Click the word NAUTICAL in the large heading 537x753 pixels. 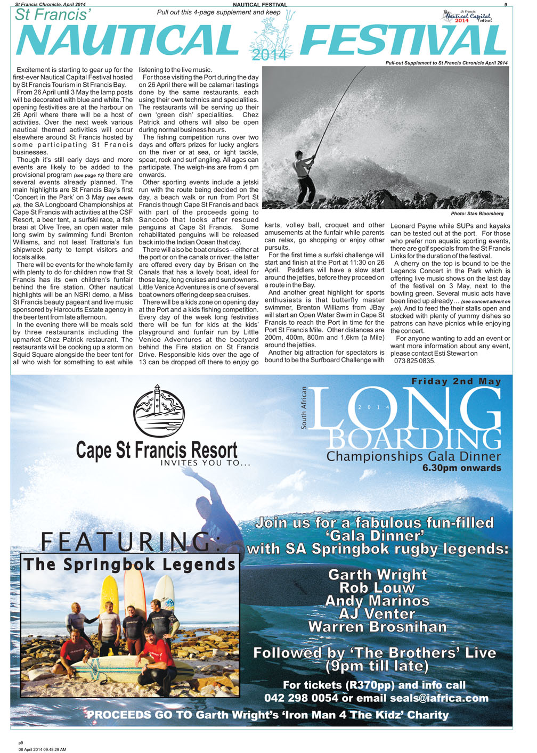coord(127,40)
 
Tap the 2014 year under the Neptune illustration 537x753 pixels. coord(269,54)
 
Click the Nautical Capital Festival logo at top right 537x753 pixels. coord(467,17)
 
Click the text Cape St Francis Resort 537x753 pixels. coord(157,450)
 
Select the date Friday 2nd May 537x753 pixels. coord(456,381)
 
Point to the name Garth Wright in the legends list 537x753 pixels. coord(377,575)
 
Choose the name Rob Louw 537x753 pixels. coord(377,587)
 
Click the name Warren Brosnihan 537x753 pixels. coord(377,627)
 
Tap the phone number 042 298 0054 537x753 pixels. coord(301,698)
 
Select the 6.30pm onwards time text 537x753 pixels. coord(461,468)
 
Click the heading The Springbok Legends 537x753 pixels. coord(129,564)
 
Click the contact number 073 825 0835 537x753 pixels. coord(415,361)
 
